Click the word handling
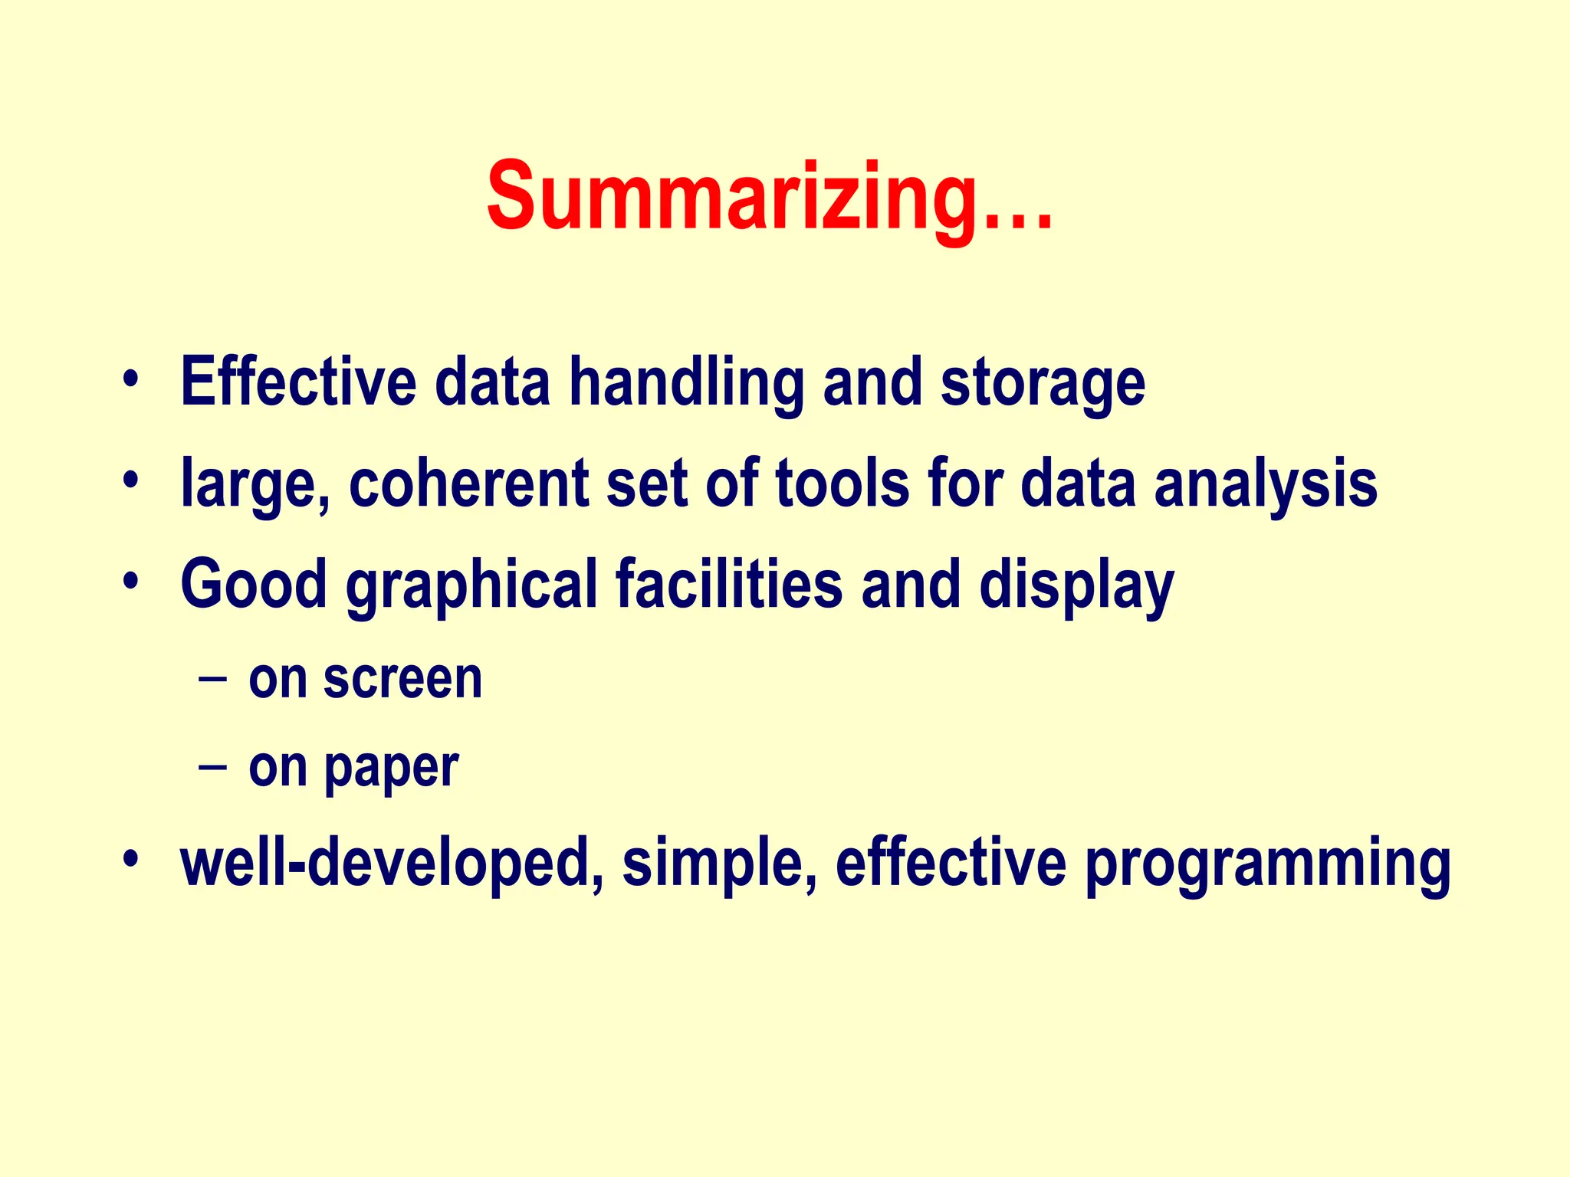click(686, 383)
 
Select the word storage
click(1043, 385)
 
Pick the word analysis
click(1266, 484)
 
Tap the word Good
click(254, 584)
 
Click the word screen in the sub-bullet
click(402, 679)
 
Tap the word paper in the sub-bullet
click(391, 769)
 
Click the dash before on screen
click(212, 679)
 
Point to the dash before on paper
click(212, 766)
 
